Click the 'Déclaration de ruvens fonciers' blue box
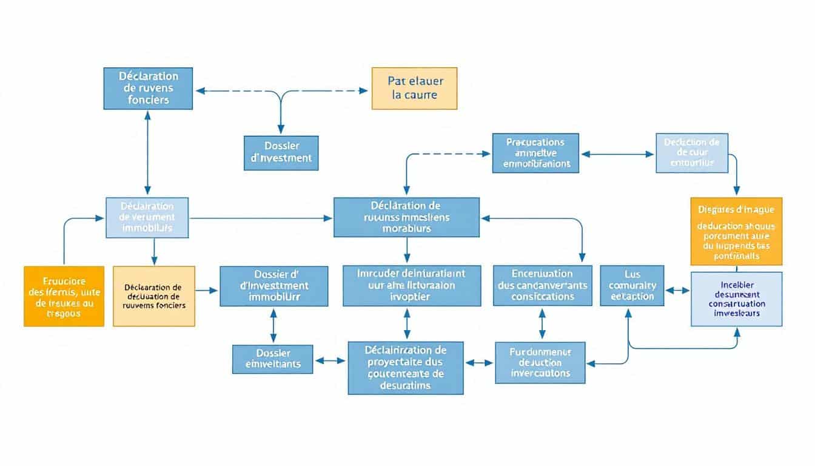coord(148,89)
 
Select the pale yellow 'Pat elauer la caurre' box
coord(414,89)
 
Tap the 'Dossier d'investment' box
coord(281,153)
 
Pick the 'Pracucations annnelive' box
coord(535,153)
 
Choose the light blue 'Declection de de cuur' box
coord(692,153)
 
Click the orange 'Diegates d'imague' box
coord(736,231)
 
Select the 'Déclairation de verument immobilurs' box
coord(147,217)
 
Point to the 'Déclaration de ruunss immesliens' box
coord(406,217)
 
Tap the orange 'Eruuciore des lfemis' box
coord(64,296)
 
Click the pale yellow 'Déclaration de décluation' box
coord(154,296)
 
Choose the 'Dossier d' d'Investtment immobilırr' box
coord(273,286)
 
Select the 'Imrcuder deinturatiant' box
coord(403,285)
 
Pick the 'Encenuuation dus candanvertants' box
coord(542,285)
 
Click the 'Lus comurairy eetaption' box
coord(631,285)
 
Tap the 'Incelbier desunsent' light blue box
coord(736,299)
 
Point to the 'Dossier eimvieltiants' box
coord(273,359)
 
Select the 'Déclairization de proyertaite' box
coord(406,368)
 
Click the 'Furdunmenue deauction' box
coord(540,362)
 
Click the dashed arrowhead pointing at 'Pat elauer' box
coord(363,91)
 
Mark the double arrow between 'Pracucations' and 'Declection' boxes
coord(617,154)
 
